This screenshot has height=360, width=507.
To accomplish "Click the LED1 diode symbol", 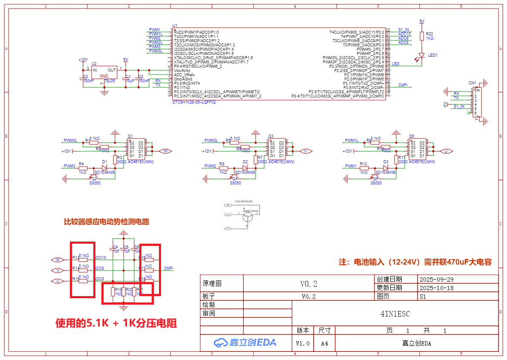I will click(x=422, y=55).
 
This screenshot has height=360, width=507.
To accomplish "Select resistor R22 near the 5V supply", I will click(x=422, y=36).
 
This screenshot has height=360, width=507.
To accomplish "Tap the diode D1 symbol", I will click(x=104, y=168).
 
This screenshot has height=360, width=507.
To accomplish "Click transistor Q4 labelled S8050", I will click(x=234, y=177).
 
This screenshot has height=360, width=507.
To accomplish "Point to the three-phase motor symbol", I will click(x=247, y=217).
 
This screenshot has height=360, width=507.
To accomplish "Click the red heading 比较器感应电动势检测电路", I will click(x=106, y=222).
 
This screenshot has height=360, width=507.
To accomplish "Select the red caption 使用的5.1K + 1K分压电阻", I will click(x=116, y=323).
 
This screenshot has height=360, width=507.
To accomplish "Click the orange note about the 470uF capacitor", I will click(x=415, y=262).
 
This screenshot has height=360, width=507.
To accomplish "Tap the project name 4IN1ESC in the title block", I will click(x=395, y=314).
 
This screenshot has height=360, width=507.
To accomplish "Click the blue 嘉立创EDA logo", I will click(x=245, y=342).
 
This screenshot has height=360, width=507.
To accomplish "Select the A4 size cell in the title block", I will click(x=325, y=343).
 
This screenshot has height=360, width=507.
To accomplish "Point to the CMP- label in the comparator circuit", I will click(x=169, y=268).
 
